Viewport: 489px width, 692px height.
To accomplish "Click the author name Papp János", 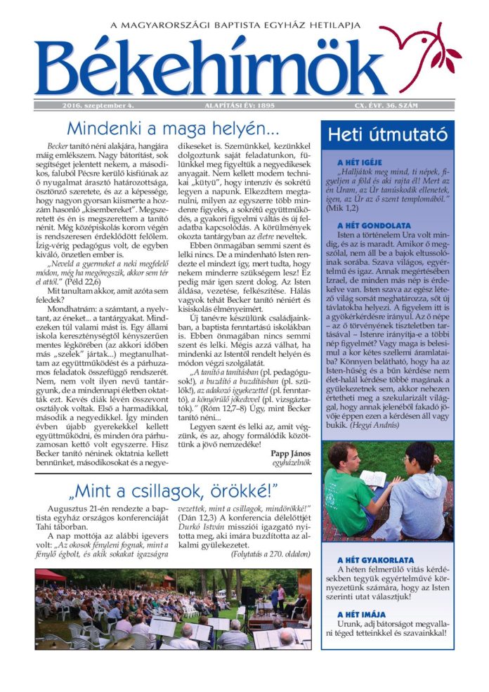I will (x=290, y=452).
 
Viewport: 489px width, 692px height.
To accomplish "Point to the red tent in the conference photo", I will (x=51, y=577).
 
